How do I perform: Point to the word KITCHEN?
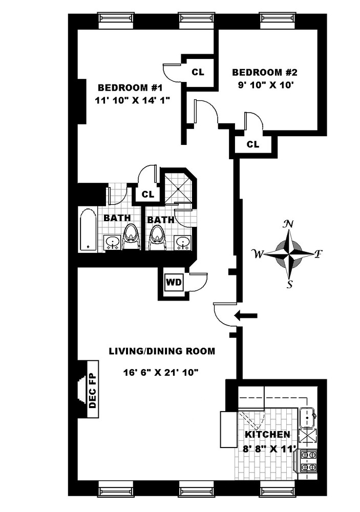[x=267, y=434]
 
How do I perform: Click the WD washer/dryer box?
[x=172, y=281]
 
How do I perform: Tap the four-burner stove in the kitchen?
[x=307, y=460]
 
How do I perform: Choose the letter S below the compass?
[x=290, y=285]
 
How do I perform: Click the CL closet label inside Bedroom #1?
[x=198, y=72]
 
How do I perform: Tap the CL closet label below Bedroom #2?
[x=253, y=144]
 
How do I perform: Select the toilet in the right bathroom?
[x=158, y=239]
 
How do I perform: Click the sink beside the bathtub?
[x=112, y=241]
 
